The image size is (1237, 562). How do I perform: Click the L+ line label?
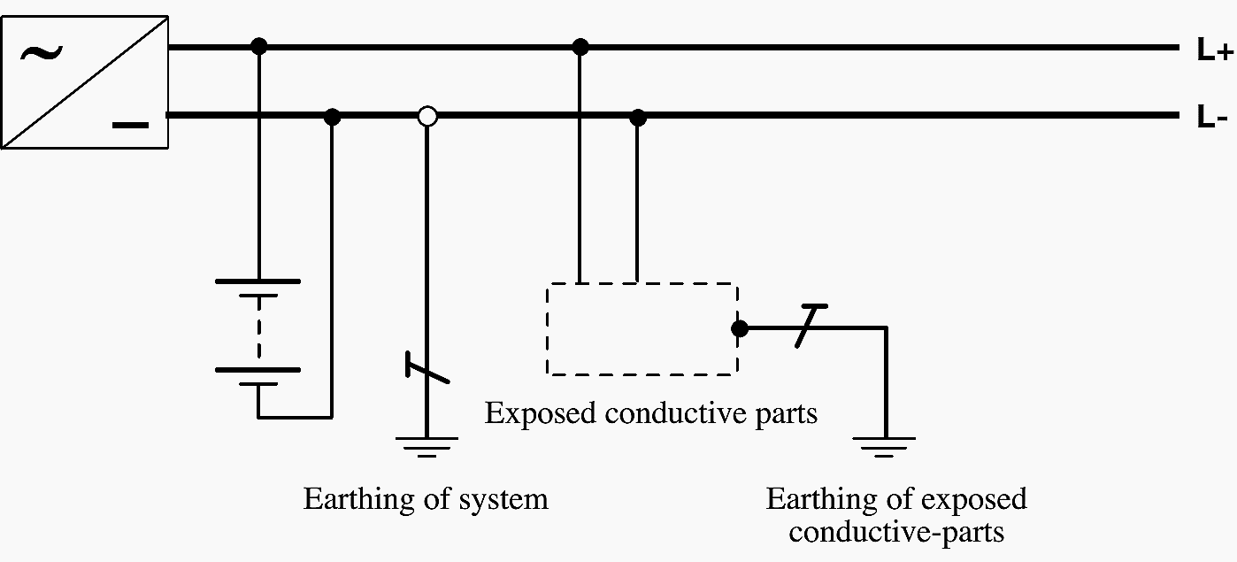1213,51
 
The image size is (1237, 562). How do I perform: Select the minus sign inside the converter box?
131,125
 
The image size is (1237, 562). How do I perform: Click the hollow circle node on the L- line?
427,116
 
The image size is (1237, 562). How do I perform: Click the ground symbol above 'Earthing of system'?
426,446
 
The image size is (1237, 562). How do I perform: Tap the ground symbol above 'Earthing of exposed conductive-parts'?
884,446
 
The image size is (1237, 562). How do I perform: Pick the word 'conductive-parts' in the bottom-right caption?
896,533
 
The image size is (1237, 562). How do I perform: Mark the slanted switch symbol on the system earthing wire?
427,368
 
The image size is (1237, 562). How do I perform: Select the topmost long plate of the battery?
257,281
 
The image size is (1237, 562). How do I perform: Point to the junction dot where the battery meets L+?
258,46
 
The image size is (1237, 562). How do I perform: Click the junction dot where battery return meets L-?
332,116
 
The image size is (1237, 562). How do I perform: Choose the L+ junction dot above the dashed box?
580,46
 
